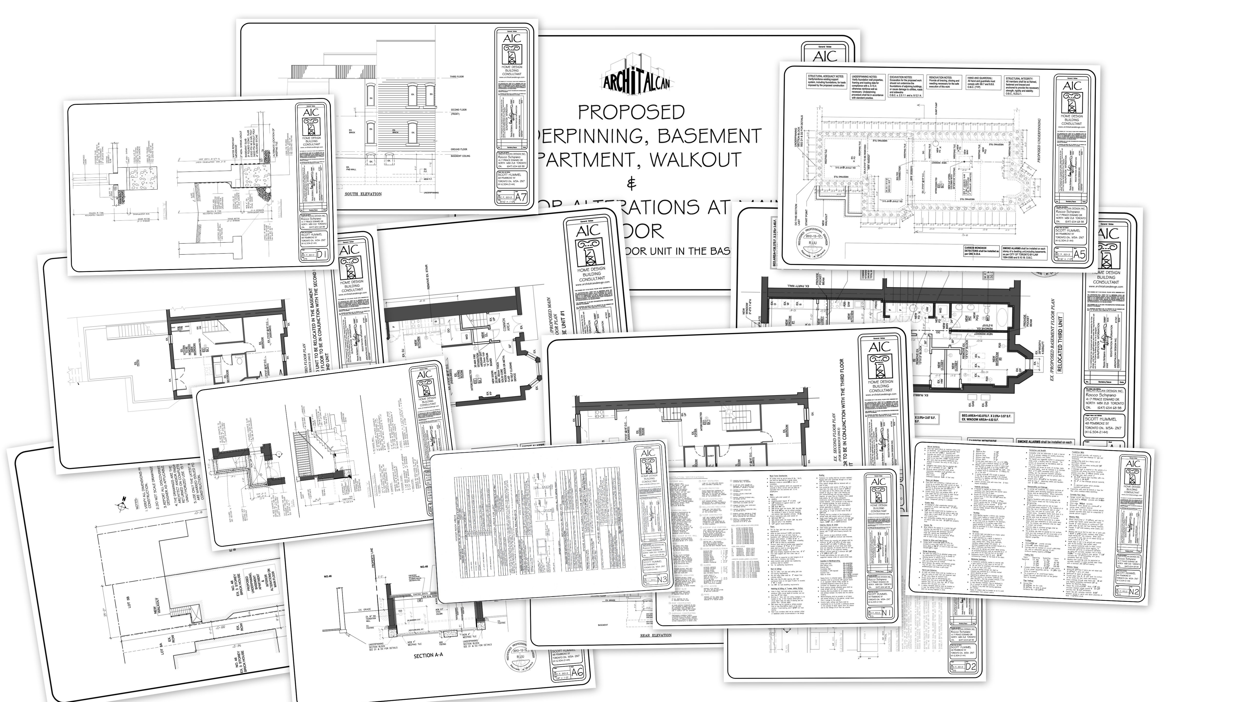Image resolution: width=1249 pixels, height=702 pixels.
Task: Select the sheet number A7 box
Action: click(520, 198)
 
